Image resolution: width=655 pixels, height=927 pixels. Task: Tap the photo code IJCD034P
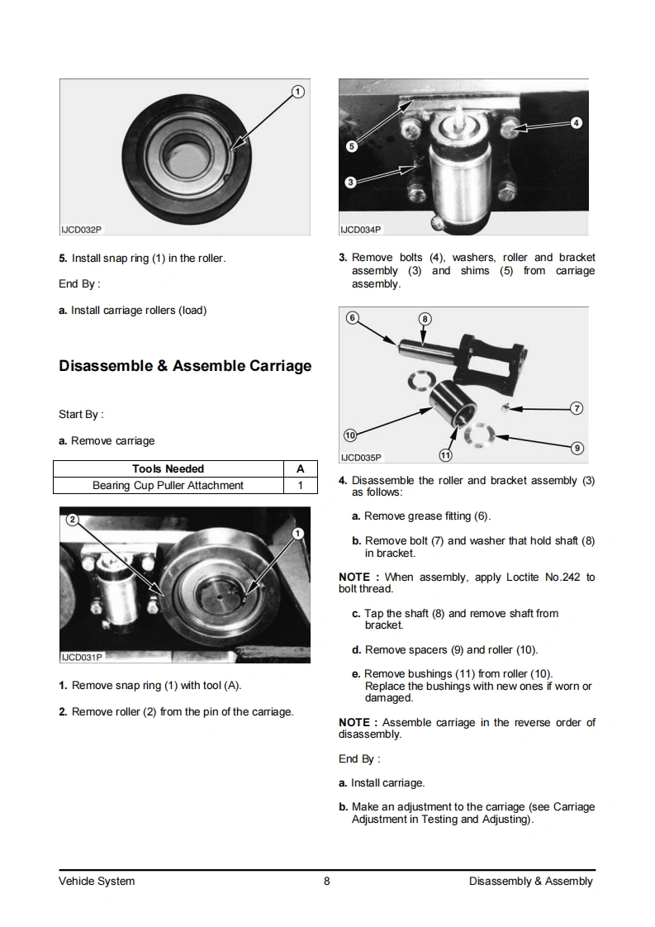click(361, 230)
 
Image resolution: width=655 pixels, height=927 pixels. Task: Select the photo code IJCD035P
click(361, 457)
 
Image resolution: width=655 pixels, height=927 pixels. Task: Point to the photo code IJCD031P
click(81, 658)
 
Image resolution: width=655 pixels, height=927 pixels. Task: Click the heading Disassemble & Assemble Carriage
click(185, 365)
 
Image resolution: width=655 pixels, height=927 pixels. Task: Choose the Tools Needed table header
click(168, 468)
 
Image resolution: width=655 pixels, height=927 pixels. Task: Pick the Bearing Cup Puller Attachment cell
click(168, 485)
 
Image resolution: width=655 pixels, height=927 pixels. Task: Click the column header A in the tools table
click(300, 468)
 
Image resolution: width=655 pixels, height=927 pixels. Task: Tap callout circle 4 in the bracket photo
click(577, 123)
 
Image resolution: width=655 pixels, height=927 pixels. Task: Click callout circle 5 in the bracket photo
click(351, 146)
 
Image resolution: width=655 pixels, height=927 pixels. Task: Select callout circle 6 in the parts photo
click(351, 318)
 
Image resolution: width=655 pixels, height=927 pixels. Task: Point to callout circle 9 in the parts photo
click(577, 448)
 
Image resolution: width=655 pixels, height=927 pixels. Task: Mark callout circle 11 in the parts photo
click(445, 454)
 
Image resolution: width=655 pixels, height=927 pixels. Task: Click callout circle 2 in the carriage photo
click(72, 520)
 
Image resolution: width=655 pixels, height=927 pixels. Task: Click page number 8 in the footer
click(327, 881)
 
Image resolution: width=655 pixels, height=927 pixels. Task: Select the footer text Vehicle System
click(97, 881)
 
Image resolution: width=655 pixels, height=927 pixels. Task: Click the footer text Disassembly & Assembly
click(530, 881)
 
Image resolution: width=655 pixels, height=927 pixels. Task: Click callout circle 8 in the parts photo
click(425, 318)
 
